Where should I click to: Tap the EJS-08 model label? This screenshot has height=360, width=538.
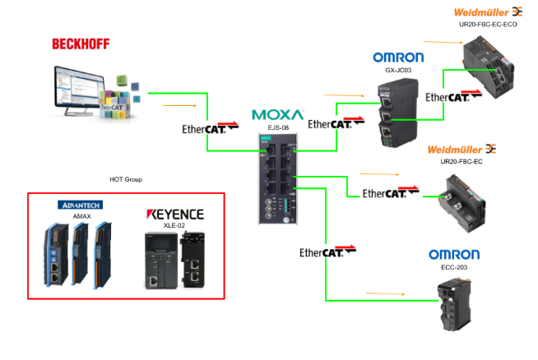[278, 128]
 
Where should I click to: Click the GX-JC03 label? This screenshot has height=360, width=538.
[398, 71]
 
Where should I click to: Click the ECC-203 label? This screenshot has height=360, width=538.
[449, 267]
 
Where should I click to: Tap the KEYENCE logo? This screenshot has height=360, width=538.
[174, 214]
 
